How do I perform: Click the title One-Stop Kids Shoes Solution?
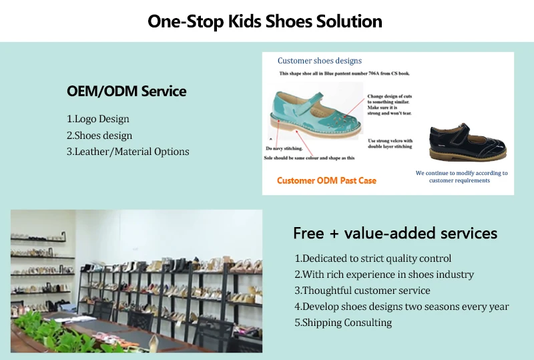coord(265,21)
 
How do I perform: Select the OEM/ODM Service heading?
coord(126,91)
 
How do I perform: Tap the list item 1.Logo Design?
coord(98,119)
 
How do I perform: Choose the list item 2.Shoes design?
coord(99,136)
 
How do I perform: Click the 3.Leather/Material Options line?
coord(127,152)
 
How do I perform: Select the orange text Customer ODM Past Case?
coord(326,180)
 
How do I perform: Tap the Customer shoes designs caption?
coord(320,61)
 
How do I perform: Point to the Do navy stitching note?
coord(284,148)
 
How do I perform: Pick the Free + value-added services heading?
coord(395,233)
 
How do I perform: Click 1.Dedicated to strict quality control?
coord(373,258)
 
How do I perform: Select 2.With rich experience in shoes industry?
coord(384,275)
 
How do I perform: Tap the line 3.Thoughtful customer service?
coord(362,291)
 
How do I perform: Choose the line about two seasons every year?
coord(402,307)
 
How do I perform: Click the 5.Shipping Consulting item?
coord(343,323)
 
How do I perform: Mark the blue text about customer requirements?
coord(461,176)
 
